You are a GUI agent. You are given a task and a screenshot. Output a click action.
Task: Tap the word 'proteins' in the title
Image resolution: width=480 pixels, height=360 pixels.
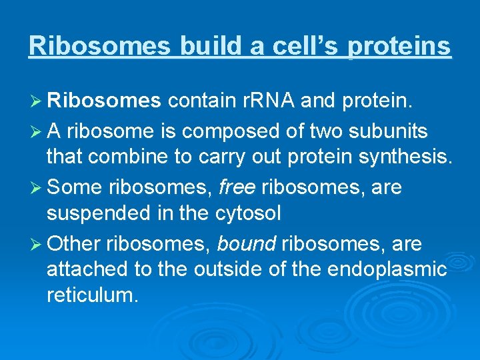pyautogui.click(x=399, y=45)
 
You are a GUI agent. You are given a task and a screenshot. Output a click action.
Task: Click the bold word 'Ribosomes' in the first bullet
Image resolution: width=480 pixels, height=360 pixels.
pyautogui.click(x=104, y=100)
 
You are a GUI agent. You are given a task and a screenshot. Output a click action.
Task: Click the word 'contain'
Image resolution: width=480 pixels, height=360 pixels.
pyautogui.click(x=199, y=100)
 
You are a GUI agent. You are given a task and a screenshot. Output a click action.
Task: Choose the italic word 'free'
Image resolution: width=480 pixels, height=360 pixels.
pyautogui.click(x=237, y=187)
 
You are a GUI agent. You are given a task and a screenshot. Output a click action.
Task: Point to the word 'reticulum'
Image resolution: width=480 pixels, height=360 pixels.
pyautogui.click(x=93, y=295)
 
